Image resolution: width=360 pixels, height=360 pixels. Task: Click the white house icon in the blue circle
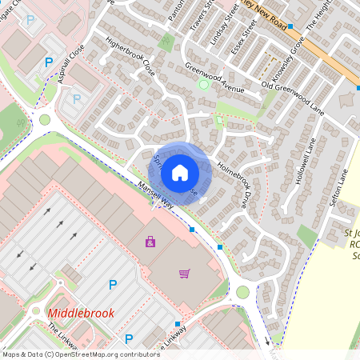[x=180, y=172]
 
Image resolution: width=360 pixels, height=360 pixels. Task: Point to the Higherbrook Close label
[x=130, y=61]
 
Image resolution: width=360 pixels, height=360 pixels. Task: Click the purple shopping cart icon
[x=184, y=274]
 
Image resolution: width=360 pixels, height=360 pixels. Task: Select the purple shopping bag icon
[x=149, y=240]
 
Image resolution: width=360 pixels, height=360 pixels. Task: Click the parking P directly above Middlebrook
[x=112, y=284]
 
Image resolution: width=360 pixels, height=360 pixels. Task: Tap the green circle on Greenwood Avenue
[x=203, y=84]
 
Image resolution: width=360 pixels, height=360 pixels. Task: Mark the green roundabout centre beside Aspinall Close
[x=45, y=120]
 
